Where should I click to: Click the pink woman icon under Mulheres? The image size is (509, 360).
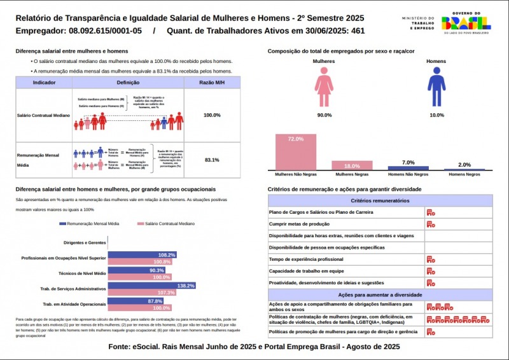pos(324,88)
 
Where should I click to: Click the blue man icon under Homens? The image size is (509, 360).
pos(436,88)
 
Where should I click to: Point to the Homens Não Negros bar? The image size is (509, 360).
pos(408,169)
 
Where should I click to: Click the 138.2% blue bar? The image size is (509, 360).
pos(151,286)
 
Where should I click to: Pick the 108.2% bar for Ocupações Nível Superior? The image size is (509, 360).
pos(142,255)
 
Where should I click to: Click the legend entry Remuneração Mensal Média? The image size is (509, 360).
pos(88,224)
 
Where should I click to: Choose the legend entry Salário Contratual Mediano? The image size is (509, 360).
pos(166,224)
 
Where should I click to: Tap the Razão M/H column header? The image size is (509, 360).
pos(212,83)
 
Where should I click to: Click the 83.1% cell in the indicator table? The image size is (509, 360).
pos(212,160)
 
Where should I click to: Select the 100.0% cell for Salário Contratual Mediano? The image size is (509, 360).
pos(212,115)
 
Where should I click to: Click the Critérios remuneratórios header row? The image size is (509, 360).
pos(380,200)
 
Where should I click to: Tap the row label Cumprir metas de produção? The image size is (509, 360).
pos(299,224)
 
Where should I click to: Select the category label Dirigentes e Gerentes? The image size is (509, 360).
pos(85,242)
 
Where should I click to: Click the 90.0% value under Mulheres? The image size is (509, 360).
pos(324,115)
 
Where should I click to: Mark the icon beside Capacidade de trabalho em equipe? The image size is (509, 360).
pos(431,271)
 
